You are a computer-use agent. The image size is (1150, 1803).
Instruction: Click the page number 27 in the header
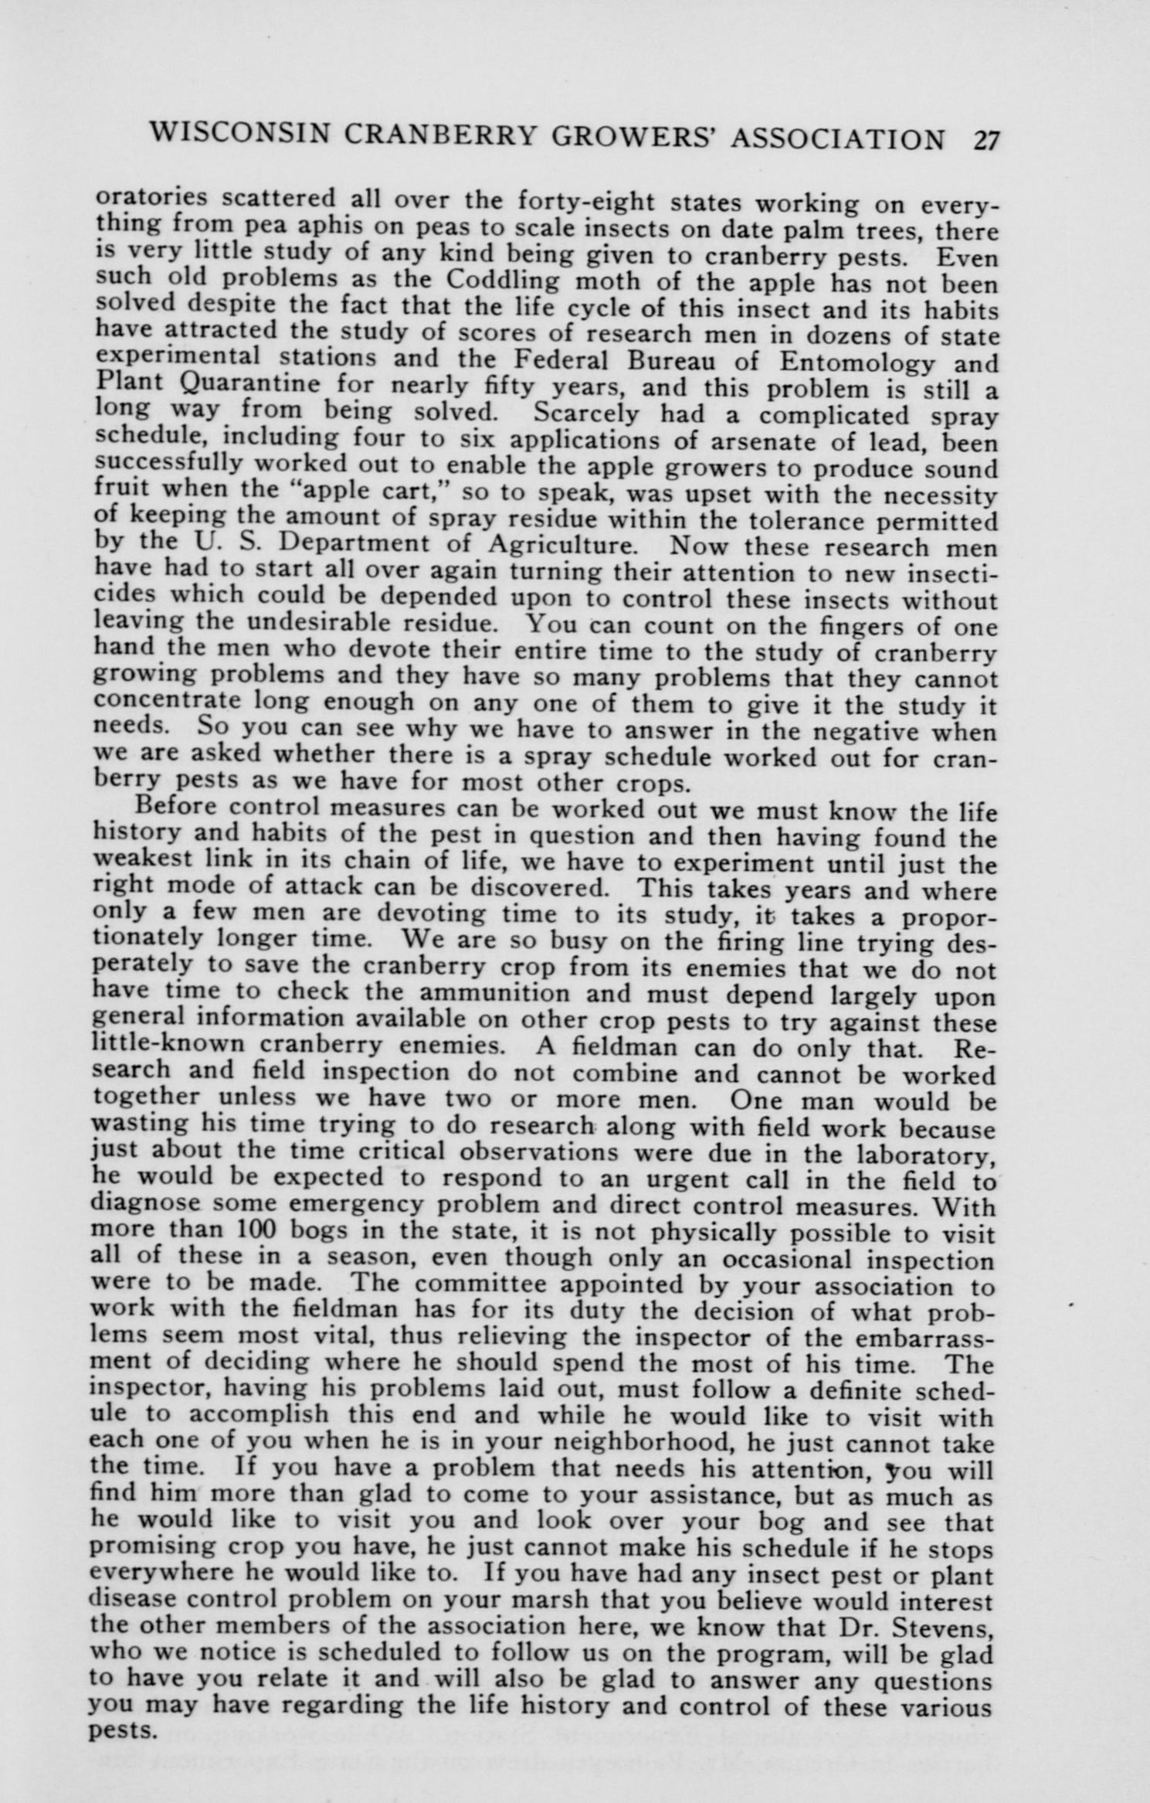[985, 141]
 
